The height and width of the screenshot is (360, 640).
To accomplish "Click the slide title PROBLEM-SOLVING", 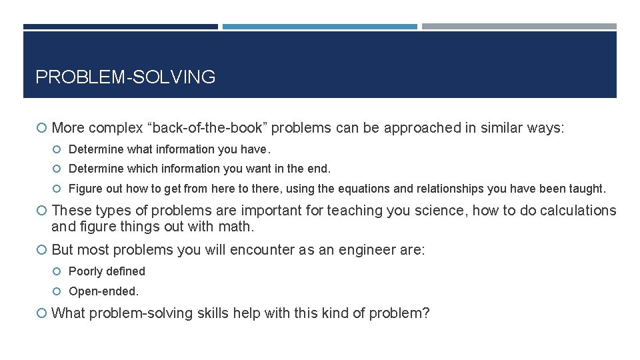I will coord(125,77).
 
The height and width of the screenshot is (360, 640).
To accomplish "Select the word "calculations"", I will coord(575,211).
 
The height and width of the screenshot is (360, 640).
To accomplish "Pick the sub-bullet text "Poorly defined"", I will coord(107,271).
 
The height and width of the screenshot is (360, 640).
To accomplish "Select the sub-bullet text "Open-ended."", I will coord(104,291).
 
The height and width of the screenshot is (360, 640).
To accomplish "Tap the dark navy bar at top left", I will coord(120,27).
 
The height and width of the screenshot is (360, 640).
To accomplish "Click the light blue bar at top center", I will coord(320,27).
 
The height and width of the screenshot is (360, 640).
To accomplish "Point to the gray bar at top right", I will coord(519,27).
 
